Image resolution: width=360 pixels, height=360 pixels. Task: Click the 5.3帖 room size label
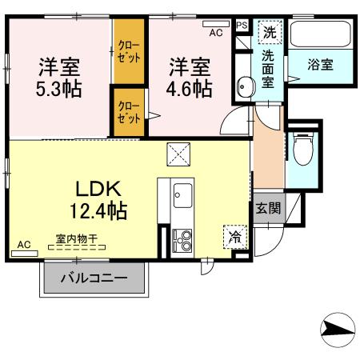pos(58,89)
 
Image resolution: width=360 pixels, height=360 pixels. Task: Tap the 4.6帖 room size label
pos(189,89)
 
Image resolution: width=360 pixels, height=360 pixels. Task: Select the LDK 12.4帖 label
pos(98,200)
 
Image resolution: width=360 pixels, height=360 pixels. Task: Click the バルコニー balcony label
pos(94,278)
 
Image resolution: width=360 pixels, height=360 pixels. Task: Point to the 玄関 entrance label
pos(268,208)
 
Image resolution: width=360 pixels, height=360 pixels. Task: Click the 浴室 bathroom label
pos(320,64)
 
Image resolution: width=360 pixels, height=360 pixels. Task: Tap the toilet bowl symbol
pos(303,150)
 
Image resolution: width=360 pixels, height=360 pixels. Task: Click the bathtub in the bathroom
pos(320,34)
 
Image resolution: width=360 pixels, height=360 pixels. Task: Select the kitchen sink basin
pos(182,195)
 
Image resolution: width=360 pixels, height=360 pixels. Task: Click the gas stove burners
pos(182,240)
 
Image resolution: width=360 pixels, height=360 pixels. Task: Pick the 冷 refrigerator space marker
pos(235,237)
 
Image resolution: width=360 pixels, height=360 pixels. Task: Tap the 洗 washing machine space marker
pos(270,32)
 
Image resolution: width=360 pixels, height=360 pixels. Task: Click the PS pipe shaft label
pos(242,26)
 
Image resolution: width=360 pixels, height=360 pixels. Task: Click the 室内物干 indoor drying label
pos(77,238)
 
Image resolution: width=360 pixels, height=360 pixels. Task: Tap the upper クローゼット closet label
pos(129,52)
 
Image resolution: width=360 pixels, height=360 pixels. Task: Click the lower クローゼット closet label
pos(129,112)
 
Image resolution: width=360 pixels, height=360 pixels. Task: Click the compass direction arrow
pos(338,330)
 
